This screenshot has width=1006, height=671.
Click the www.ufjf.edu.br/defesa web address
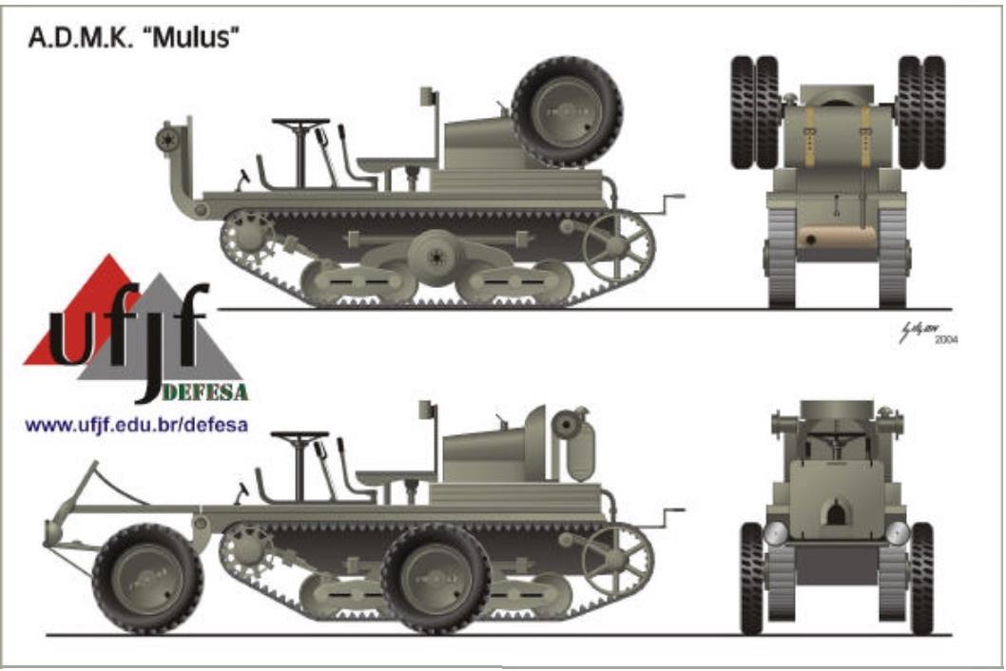[137, 425]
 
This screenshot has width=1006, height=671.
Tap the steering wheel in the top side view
[300, 123]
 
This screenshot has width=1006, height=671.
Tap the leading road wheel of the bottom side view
[148, 578]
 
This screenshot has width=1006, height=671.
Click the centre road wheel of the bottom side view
[436, 578]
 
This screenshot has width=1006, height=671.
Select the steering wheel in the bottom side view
[300, 437]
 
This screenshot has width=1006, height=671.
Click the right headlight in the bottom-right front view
[897, 533]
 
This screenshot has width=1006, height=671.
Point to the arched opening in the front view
[837, 514]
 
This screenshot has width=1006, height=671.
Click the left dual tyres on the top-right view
[755, 112]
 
